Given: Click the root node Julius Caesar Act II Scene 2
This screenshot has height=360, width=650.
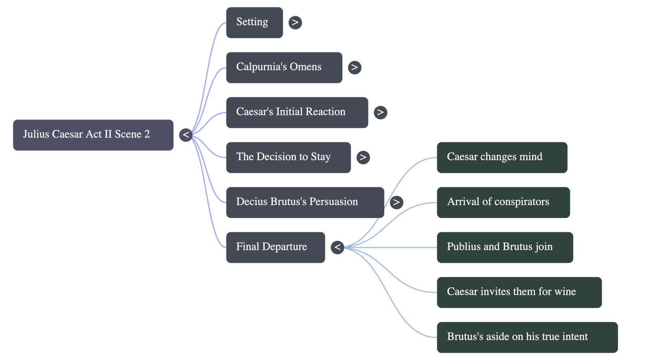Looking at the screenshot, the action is pos(93,135).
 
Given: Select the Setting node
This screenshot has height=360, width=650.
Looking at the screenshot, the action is pos(254,23).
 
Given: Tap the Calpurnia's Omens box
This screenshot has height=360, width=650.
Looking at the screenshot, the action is pos(284,68).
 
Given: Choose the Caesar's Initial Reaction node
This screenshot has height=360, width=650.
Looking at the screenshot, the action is pos(297,112).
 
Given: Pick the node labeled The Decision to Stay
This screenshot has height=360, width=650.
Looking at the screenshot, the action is pos(288,157).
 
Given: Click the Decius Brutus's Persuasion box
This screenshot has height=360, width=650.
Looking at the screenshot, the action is pos(305,203).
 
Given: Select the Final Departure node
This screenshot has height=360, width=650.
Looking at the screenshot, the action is pos(275,248).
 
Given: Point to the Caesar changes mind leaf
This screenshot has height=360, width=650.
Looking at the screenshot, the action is pos(502,157).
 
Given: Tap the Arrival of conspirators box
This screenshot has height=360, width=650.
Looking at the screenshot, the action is pos(503,203).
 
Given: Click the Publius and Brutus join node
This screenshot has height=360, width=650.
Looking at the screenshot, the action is pos(505,248).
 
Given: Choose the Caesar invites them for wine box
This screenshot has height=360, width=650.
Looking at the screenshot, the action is pos(520,292).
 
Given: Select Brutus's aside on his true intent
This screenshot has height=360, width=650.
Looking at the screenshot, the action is pos(527,337).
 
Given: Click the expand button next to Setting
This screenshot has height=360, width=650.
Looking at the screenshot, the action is pos(295,22).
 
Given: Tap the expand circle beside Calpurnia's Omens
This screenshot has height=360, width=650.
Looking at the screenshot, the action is pos(355,68).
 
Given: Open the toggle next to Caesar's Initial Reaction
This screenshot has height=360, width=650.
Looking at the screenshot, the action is pos(380,112).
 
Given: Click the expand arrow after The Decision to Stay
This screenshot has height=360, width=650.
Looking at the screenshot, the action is pos(363,157).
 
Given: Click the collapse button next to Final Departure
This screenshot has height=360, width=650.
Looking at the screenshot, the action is pos(338,247).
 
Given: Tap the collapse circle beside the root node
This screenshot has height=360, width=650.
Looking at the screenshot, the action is pos(186,135).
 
